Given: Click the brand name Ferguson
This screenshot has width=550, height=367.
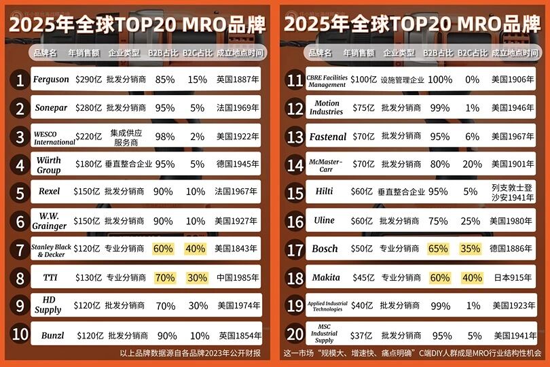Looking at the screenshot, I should pos(51,79).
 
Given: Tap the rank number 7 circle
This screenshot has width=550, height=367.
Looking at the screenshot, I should pos(20,249).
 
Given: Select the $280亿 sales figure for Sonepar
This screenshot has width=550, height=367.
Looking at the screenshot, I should pos(88,107).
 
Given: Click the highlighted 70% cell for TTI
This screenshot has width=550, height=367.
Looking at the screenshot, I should pos(164,277).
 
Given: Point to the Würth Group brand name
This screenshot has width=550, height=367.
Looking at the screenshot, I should pos(49,164).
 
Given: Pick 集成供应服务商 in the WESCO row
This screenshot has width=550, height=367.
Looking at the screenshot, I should pos(126,136).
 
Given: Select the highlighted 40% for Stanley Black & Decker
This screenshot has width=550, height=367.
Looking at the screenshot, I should pos(195,249).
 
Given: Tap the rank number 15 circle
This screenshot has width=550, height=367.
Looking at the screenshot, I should pos(295,192).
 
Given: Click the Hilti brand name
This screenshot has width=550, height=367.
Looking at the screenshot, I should pos(325,192).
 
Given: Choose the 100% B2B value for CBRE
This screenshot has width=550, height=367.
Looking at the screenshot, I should pos(440,80).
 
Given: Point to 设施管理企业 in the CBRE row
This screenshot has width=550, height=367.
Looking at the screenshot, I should pos(402,80).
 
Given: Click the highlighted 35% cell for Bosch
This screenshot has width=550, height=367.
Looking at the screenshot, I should pos(471,249).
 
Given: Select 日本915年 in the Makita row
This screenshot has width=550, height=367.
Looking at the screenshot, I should pos(512,277).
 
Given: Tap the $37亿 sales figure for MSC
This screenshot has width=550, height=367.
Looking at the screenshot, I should pos(362,335).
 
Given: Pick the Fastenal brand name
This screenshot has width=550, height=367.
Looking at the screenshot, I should pos(328,137).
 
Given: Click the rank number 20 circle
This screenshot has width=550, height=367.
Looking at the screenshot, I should pos(295,334).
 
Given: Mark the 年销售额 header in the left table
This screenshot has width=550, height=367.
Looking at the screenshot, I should pos(85,52).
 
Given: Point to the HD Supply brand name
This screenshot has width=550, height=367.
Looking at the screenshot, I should pos(48,305).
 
